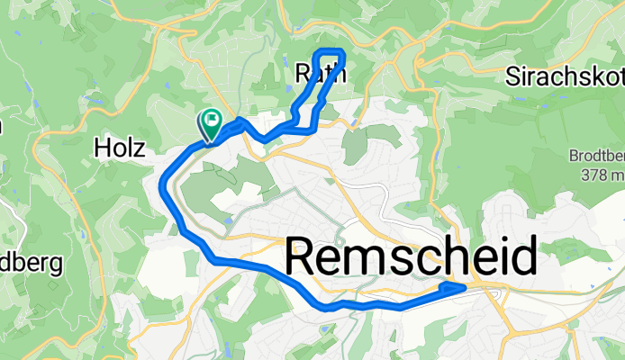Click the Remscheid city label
[x=412, y=259]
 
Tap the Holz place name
[x=120, y=148]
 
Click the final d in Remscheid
[x=524, y=259]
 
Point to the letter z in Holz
[x=140, y=148]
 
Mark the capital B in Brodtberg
[x=574, y=155]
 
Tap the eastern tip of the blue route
[x=464, y=286]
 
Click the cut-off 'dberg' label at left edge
[x=32, y=264]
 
